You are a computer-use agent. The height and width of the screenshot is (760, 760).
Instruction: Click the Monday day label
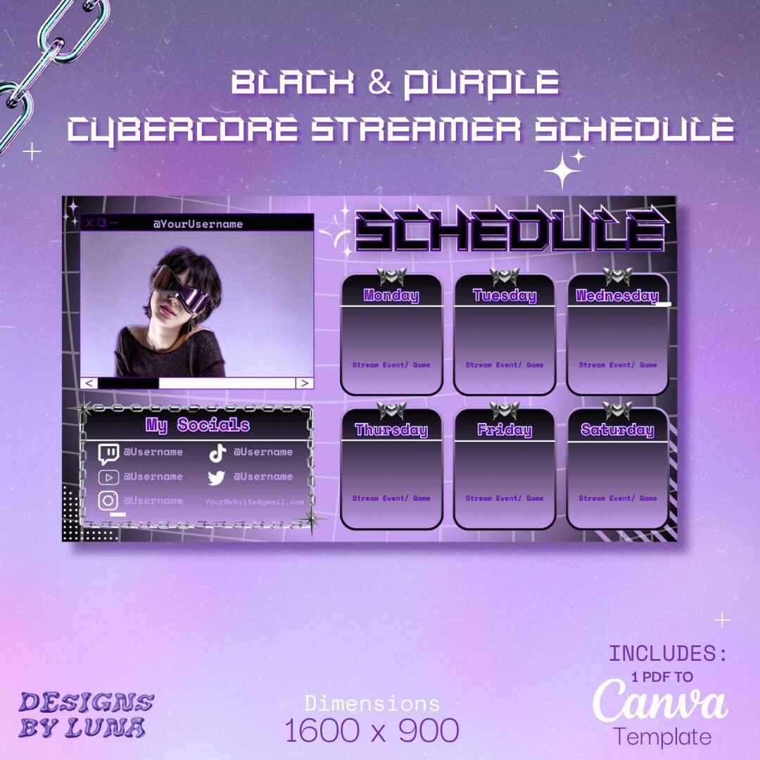coord(391,296)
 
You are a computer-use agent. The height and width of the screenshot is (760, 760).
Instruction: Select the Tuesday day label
coord(505,296)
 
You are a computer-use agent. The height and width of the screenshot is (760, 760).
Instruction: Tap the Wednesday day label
coord(616,296)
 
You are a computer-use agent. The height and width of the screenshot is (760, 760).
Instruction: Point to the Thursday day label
coord(391,430)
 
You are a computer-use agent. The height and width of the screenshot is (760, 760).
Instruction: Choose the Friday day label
coord(505,430)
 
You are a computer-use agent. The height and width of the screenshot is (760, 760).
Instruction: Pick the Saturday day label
coord(617,430)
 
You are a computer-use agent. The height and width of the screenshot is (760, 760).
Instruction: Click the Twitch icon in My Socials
coord(108,454)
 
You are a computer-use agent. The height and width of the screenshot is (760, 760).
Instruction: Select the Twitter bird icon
coord(216,478)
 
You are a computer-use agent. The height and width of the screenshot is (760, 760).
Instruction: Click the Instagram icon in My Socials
coord(108,500)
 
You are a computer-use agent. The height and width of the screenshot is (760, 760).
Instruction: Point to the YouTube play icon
coord(108,477)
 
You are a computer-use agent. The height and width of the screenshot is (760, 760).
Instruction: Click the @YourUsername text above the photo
coord(198,224)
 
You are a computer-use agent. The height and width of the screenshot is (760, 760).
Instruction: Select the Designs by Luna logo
coord(86,714)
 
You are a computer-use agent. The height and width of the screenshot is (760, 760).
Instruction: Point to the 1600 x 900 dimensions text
coord(372,730)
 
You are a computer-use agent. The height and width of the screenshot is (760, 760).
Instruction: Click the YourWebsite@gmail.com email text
coord(255,502)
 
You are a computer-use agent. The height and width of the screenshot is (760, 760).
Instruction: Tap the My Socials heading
coord(198,425)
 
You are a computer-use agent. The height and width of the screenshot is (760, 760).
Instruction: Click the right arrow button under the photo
coord(304,383)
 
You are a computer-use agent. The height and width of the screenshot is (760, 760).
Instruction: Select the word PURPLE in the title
coord(481,83)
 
